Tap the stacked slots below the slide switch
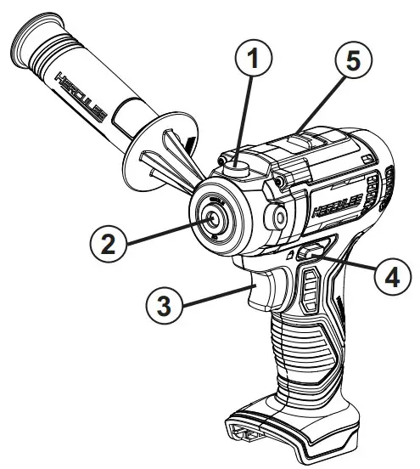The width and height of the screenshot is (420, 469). pos(310,289)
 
